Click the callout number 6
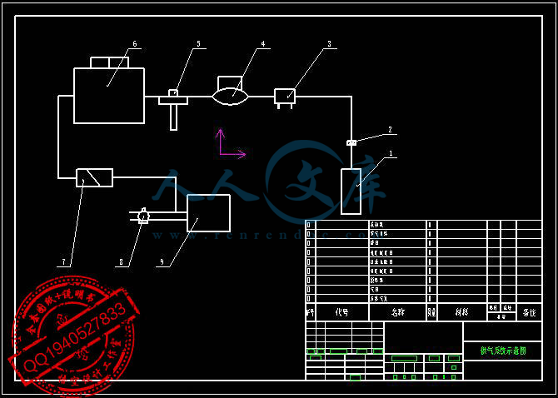pyautogui.click(x=134, y=44)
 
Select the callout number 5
pyautogui.click(x=198, y=44)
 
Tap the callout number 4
pyautogui.click(x=262, y=44)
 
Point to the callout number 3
pyautogui.click(x=329, y=44)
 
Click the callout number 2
pyautogui.click(x=389, y=130)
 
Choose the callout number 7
pyautogui.click(x=63, y=262)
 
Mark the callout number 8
pyautogui.click(x=121, y=262)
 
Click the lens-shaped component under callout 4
pyautogui.click(x=231, y=97)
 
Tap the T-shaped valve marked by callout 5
pyautogui.click(x=173, y=104)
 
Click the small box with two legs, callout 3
pyautogui.click(x=285, y=97)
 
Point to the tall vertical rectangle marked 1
pyautogui.click(x=351, y=191)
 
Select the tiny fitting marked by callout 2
pyautogui.click(x=351, y=143)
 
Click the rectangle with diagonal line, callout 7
pyautogui.click(x=94, y=177)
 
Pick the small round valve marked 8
pyautogui.click(x=143, y=216)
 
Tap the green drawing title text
pyautogui.click(x=502, y=351)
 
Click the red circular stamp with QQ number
pyautogui.click(x=73, y=336)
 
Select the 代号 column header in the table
pyautogui.click(x=342, y=312)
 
